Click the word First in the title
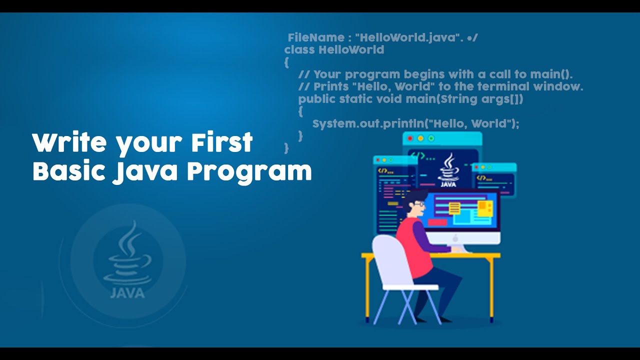tap(221, 143)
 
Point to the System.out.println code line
tap(415, 123)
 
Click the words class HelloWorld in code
tap(334, 50)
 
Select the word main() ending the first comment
tap(551, 74)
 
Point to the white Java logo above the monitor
tap(448, 170)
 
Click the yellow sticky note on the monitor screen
tap(454, 207)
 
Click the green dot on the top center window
tap(431, 138)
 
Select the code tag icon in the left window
tap(382, 170)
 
